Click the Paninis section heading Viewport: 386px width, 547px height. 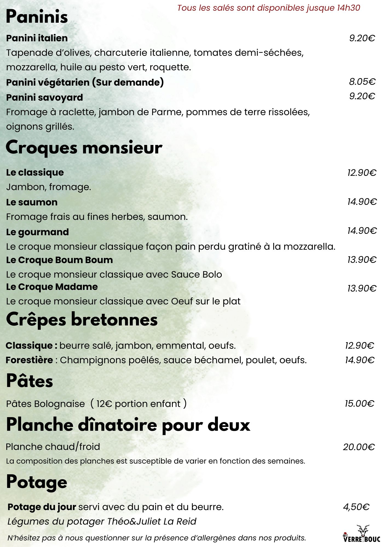tap(37, 17)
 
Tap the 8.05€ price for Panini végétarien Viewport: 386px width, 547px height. tap(362, 82)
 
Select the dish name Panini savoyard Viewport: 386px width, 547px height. tap(44, 97)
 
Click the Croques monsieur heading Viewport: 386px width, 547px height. tap(84, 148)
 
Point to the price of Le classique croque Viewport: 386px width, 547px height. tap(362, 173)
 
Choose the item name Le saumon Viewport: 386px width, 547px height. tap(32, 202)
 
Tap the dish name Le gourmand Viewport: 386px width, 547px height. tap(38, 232)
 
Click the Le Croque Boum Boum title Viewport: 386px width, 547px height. tap(59, 260)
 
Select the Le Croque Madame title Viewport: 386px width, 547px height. tap(52, 287)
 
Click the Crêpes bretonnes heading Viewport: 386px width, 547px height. tap(82, 319)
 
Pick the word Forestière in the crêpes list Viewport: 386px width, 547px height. tap(29, 360)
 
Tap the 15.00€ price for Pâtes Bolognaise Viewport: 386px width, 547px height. tap(359, 403)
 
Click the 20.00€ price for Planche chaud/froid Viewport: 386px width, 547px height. tap(359, 447)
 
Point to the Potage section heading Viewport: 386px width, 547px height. tap(37, 482)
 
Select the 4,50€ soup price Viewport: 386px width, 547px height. tap(356, 507)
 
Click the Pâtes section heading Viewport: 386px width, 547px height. tap(30, 381)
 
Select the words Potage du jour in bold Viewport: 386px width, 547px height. tap(42, 507)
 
